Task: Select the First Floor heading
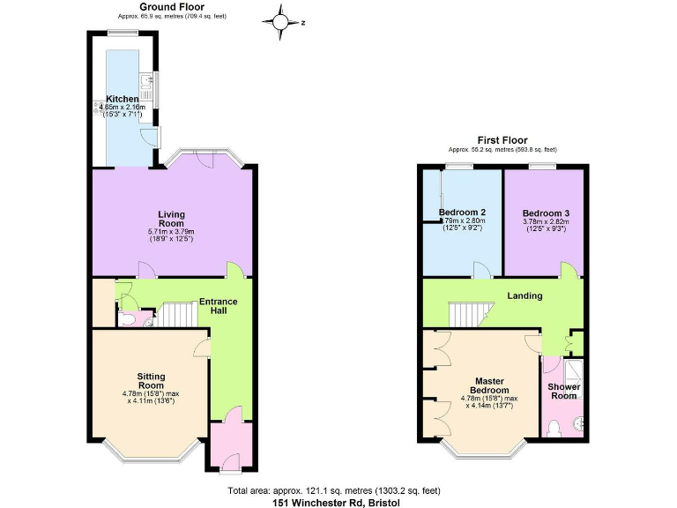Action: (502, 139)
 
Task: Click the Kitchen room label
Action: (122, 98)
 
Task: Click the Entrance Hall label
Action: (218, 306)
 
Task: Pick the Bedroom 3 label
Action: (546, 213)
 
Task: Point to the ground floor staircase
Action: (178, 313)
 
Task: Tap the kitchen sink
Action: (152, 86)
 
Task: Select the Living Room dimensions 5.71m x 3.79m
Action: (171, 232)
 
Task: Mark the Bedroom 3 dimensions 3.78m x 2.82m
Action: (546, 222)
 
